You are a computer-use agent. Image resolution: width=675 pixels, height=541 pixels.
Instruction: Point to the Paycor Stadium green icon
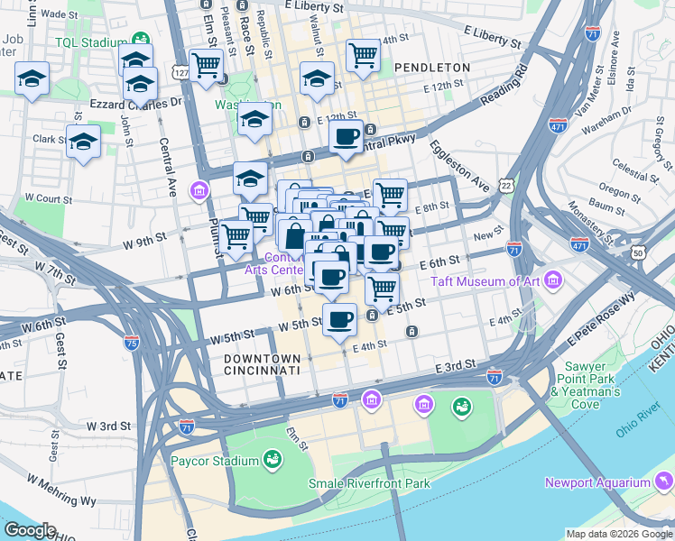click(x=272, y=462)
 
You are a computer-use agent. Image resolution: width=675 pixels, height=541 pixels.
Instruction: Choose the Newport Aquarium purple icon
click(x=663, y=481)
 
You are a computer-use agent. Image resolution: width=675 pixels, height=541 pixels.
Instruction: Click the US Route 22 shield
click(x=508, y=185)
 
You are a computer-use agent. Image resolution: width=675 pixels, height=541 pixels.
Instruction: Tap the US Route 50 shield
click(x=639, y=255)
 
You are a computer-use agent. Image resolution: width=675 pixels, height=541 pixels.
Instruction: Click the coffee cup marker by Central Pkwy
click(x=346, y=137)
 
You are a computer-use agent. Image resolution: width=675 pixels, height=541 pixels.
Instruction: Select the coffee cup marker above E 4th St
click(x=339, y=320)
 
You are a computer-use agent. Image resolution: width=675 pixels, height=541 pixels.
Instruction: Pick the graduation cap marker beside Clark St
click(x=84, y=142)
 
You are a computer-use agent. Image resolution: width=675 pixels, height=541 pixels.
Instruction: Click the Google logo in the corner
click(x=31, y=530)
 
